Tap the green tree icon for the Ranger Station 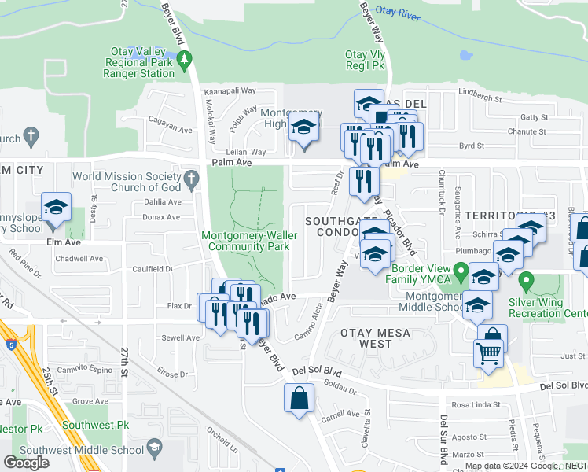[185, 59]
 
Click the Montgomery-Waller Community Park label [244, 241]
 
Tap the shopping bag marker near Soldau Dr [299, 397]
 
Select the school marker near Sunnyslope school [56, 207]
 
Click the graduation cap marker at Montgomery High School [303, 127]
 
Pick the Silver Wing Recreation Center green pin [527, 280]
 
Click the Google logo [26, 462]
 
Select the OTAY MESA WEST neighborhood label [376, 338]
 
